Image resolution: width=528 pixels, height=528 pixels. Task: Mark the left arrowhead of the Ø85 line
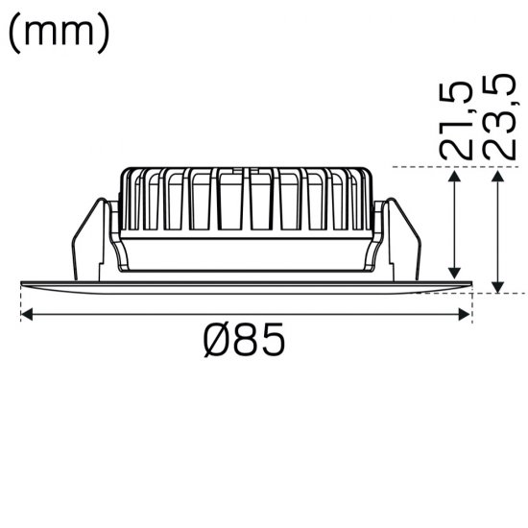(x=26, y=313)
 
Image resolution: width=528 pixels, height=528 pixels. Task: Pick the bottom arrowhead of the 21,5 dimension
(x=455, y=273)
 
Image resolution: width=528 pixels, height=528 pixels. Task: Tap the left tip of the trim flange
(x=23, y=282)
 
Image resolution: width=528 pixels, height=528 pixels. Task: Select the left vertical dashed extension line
(x=20, y=302)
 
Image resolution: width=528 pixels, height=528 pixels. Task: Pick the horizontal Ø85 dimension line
(x=144, y=313)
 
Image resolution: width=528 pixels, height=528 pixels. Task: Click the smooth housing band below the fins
(x=245, y=253)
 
